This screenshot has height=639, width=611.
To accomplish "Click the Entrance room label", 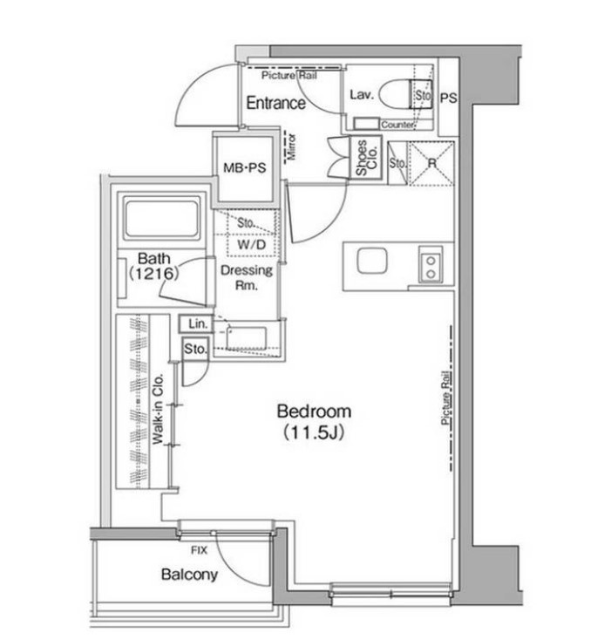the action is click(275, 103).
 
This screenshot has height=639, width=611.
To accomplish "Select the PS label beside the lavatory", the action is click(449, 99).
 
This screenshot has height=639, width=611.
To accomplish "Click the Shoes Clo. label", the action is click(367, 157).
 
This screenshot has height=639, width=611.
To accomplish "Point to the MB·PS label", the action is click(244, 167).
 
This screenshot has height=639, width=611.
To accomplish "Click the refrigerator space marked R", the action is click(431, 163).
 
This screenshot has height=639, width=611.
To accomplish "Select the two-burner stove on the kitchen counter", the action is click(431, 264).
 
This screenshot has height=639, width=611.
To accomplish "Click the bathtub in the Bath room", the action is click(162, 220).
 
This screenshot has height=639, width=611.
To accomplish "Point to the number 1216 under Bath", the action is click(154, 273).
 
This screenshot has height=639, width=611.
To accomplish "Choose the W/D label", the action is click(251, 244).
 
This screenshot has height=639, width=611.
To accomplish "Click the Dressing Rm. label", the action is click(247, 277).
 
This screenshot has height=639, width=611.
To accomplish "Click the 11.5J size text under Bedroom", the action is click(314, 432).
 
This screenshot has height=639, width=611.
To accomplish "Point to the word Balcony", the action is click(189, 574).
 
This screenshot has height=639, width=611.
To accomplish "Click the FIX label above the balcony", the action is click(199, 551).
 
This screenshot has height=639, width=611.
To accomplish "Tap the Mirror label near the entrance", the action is click(292, 146).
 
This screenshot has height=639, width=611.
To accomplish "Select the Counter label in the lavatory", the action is click(397, 125).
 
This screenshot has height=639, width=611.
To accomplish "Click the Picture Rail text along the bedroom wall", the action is click(446, 398).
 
